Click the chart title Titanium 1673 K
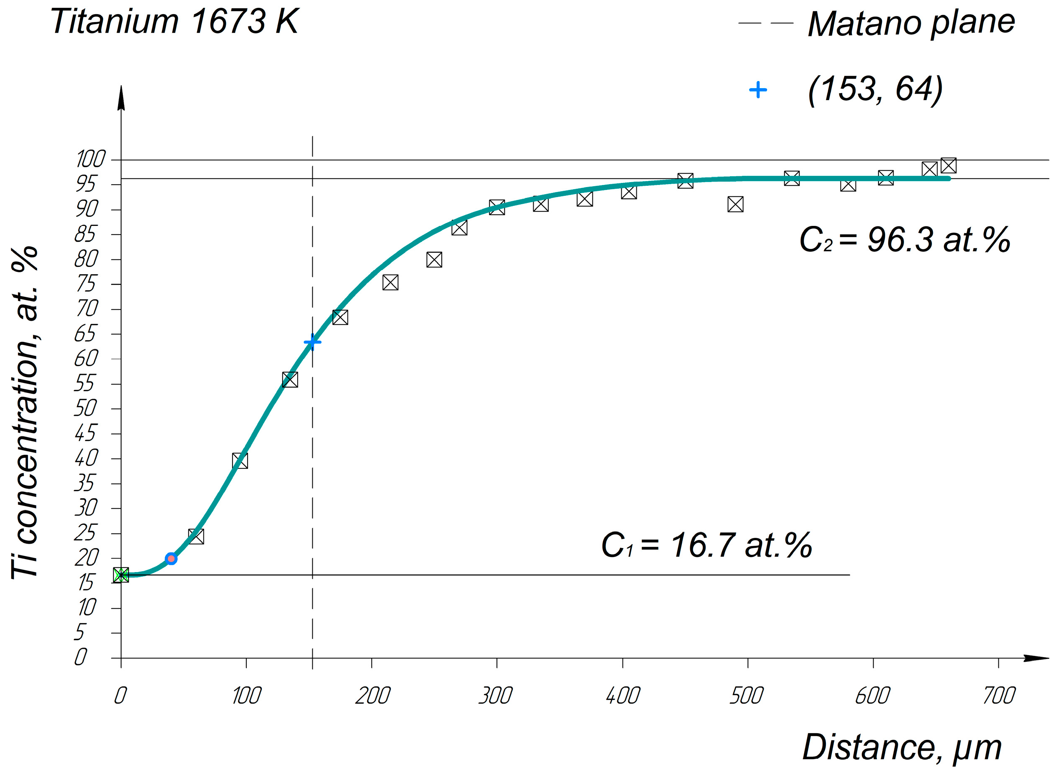pos(174,22)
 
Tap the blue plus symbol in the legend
pos(757,90)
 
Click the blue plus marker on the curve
pos(312,342)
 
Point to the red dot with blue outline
pos(171,559)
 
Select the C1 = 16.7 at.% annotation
pos(706,545)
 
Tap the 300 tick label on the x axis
pos(495,696)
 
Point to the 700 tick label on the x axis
pos(998,696)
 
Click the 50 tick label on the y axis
pos(86,408)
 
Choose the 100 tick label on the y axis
pos(90,159)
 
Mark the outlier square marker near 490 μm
pos(735,204)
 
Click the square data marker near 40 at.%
pos(240,460)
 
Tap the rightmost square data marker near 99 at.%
pos(948,165)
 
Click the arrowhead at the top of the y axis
pos(121,98)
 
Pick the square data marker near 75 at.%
pos(390,282)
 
